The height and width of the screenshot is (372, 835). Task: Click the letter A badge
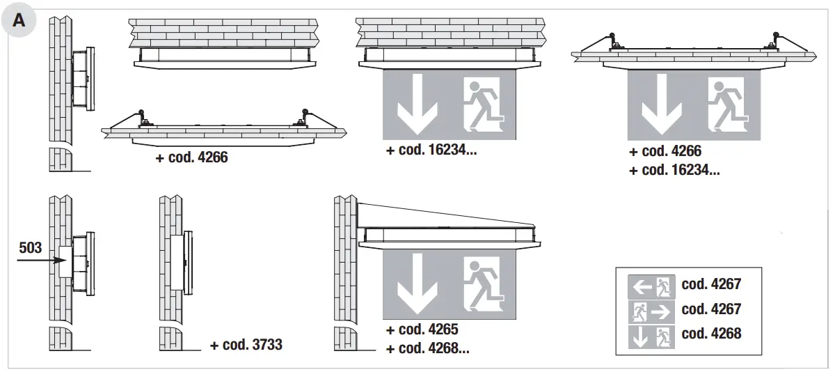click(x=19, y=20)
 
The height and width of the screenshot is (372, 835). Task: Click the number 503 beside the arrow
click(x=30, y=247)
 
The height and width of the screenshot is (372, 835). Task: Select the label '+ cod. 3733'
click(x=246, y=344)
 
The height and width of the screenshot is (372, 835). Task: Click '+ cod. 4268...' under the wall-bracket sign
click(x=427, y=348)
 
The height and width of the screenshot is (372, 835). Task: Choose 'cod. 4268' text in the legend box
click(x=711, y=334)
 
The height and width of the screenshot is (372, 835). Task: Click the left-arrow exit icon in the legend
click(x=651, y=285)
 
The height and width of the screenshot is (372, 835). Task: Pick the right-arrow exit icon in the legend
click(x=651, y=310)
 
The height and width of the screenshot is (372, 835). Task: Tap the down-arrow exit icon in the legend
click(x=651, y=336)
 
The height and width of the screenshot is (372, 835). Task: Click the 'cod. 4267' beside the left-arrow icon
click(x=711, y=284)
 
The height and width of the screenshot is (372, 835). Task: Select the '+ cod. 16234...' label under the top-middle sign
click(x=431, y=151)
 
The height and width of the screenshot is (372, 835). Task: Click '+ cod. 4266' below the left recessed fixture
click(x=192, y=157)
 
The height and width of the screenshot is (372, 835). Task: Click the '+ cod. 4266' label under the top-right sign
click(x=665, y=151)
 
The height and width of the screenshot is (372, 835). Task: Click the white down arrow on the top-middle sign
click(x=417, y=107)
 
